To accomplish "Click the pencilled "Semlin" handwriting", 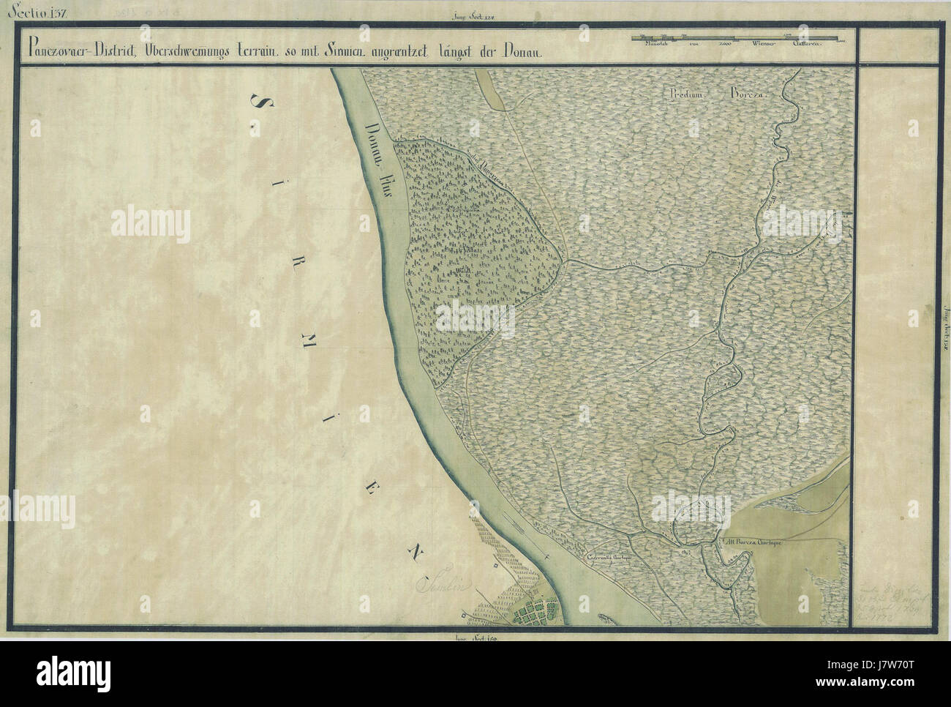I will [x=441, y=586].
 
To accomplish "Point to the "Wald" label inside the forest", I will [x=460, y=275].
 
